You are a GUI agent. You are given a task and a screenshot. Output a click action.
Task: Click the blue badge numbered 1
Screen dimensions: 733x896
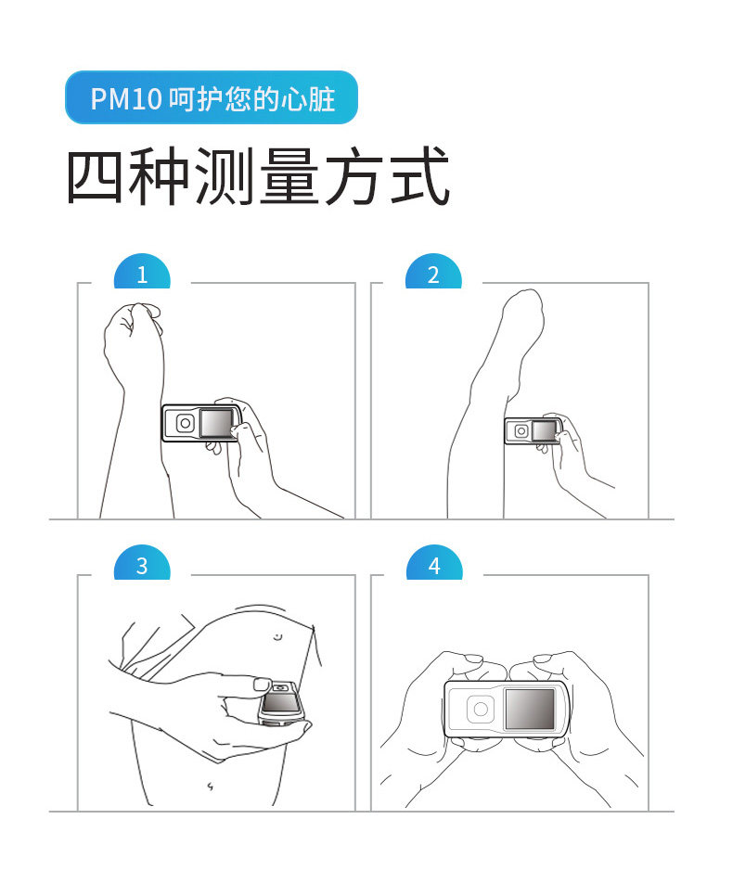point(142,272)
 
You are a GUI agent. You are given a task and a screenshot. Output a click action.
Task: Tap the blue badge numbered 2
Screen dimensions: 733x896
point(433,272)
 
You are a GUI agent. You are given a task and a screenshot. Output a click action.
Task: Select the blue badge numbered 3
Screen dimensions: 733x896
point(142,563)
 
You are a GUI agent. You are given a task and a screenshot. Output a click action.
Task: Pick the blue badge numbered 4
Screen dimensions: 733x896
point(434,563)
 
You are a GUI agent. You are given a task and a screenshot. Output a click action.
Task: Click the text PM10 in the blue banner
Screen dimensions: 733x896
point(126,99)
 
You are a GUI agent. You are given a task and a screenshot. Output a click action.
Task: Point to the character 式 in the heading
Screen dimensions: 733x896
point(420,175)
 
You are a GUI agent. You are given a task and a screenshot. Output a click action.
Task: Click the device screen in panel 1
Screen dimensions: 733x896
point(217,424)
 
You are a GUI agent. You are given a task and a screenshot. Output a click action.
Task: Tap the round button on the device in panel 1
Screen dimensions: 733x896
point(186,424)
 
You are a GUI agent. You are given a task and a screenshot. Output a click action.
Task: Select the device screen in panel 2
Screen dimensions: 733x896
point(544,430)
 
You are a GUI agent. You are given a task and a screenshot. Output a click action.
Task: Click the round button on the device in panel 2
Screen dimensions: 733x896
point(521,431)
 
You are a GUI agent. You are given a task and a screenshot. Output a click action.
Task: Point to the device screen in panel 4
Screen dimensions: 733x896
point(530,709)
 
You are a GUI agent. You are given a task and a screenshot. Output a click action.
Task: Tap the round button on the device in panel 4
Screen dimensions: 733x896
point(481,710)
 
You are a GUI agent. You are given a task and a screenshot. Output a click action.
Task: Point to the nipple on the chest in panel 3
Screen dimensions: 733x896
point(277,636)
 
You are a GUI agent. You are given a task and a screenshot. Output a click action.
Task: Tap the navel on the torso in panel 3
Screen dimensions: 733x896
point(211,787)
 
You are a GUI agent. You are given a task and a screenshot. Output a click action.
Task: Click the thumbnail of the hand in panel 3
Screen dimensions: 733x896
point(263,684)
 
